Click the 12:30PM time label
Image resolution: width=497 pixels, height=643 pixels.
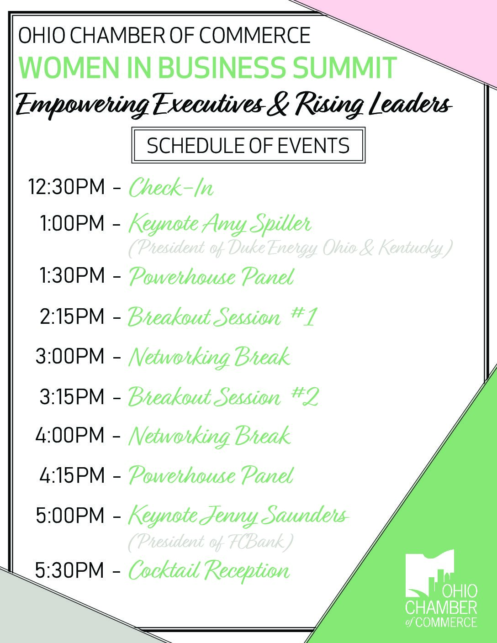tap(66, 187)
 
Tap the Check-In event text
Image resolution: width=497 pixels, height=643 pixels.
tap(171, 187)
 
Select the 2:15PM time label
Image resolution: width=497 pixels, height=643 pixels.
tap(72, 316)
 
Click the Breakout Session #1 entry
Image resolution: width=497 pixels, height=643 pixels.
tap(223, 316)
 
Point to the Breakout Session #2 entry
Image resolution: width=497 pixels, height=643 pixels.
tap(223, 396)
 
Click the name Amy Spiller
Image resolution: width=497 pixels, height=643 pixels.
tap(257, 224)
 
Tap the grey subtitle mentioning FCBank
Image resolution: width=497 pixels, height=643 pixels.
tap(211, 542)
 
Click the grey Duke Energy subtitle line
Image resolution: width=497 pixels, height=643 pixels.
tap(291, 248)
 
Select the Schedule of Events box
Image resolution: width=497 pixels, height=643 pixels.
tap(248, 145)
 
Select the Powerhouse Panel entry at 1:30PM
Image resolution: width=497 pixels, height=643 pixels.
tap(211, 276)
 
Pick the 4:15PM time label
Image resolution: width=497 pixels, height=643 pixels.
tap(72, 475)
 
